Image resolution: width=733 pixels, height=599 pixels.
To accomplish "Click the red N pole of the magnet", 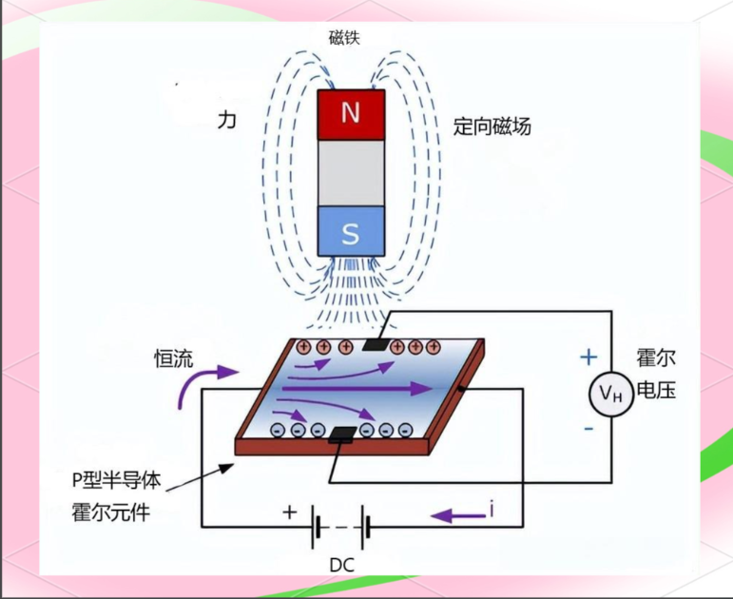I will pyautogui.click(x=351, y=114).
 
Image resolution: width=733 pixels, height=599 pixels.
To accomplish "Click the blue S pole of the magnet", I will pyautogui.click(x=351, y=232).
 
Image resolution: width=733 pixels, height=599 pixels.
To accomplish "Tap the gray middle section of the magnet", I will pyautogui.click(x=351, y=173).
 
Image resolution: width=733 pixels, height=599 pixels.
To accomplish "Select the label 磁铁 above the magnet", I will pyautogui.click(x=345, y=37).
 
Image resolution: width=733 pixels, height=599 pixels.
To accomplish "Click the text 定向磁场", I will pyautogui.click(x=492, y=126).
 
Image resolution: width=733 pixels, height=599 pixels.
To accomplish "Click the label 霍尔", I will pyautogui.click(x=656, y=359).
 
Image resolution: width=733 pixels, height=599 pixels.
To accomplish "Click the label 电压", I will pyautogui.click(x=656, y=390).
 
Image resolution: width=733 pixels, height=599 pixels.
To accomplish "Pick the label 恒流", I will pyautogui.click(x=174, y=358).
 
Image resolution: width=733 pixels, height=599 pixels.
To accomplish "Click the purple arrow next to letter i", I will pyautogui.click(x=455, y=515).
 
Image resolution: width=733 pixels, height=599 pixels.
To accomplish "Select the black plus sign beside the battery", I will pyautogui.click(x=290, y=511).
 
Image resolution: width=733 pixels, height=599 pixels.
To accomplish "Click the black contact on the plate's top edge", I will pyautogui.click(x=376, y=344).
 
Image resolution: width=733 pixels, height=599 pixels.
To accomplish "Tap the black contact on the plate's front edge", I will pyautogui.click(x=341, y=436).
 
